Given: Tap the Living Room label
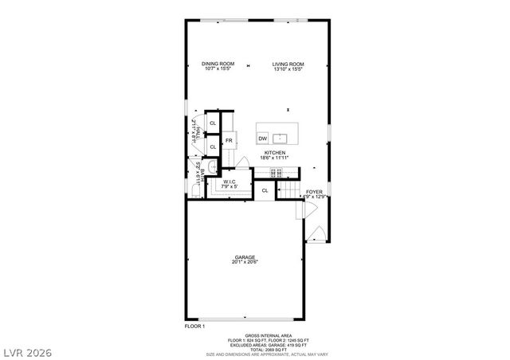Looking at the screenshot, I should [x=288, y=65].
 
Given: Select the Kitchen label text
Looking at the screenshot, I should [x=275, y=152].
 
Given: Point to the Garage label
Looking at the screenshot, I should [x=245, y=257].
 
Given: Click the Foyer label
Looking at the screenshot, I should [x=315, y=191].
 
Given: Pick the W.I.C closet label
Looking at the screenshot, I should [x=229, y=182].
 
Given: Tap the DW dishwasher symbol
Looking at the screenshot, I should [x=262, y=139].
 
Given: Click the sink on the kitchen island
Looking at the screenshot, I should [x=280, y=138].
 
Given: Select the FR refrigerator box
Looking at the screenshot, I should [x=229, y=141].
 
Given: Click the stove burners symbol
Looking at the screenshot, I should [x=278, y=171].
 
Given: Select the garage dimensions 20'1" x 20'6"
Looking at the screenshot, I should [x=245, y=262].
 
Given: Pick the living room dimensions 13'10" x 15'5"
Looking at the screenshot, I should [x=288, y=69].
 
